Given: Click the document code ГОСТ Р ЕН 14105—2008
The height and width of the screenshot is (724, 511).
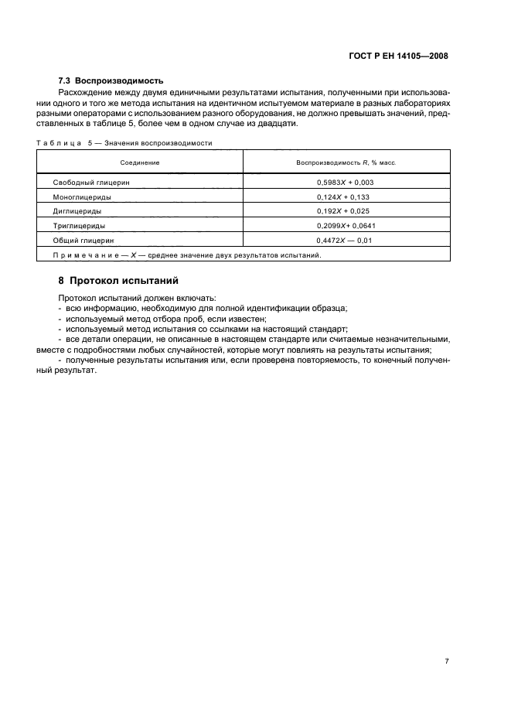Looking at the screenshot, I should coord(399,56).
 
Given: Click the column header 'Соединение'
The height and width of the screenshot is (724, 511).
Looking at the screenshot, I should coord(140,162).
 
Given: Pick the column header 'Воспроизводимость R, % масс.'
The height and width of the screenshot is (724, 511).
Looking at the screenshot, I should coord(346,162).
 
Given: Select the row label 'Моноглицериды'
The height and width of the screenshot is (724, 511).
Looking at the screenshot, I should coord(82,196).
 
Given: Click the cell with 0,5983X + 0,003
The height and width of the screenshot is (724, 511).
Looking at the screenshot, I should coord(346,183).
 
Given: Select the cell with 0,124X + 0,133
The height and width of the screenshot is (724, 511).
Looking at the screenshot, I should coord(346,196).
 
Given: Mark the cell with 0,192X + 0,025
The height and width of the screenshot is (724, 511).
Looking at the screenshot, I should coord(346,210).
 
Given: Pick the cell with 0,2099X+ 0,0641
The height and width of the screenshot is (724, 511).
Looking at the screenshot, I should coord(346,225).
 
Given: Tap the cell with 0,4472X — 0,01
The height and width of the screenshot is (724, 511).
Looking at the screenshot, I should coord(346,240).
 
